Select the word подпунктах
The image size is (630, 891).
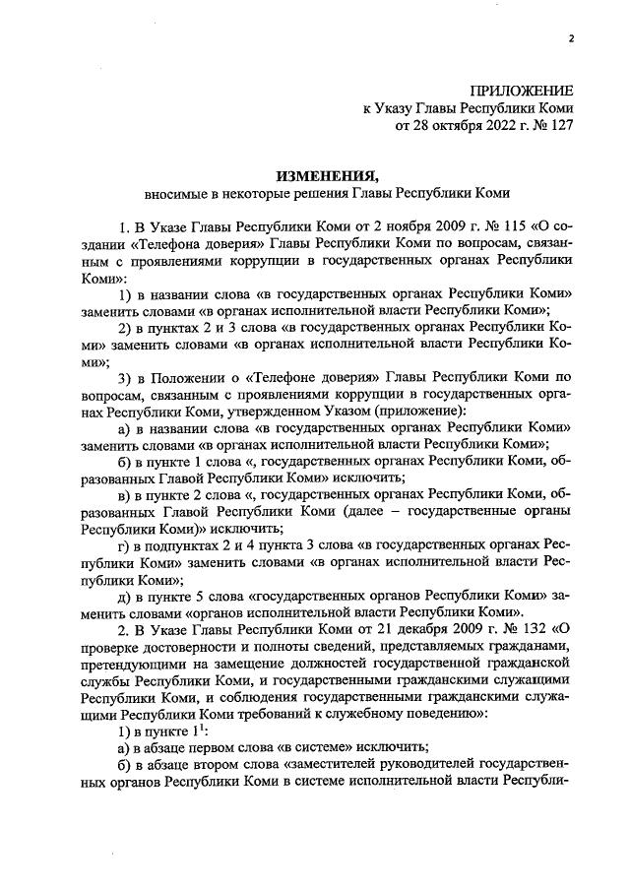(186, 546)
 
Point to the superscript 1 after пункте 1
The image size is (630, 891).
(200, 730)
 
